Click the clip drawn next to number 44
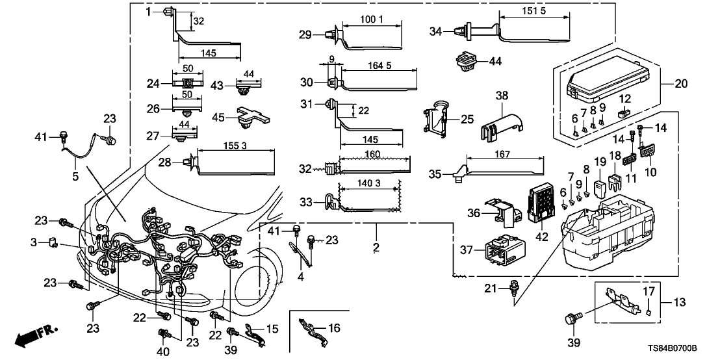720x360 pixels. click(463, 63)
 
